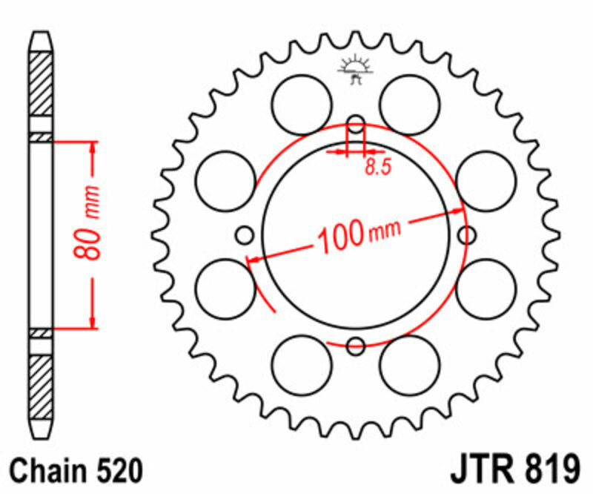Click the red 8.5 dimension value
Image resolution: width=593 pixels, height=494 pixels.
tap(377, 168)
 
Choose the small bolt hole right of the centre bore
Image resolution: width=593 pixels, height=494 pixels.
tap(467, 236)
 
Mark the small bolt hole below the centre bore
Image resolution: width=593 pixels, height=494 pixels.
tap(356, 345)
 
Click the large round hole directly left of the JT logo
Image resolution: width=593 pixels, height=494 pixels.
tap(302, 105)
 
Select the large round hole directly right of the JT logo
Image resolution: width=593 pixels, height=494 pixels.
tap(409, 105)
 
